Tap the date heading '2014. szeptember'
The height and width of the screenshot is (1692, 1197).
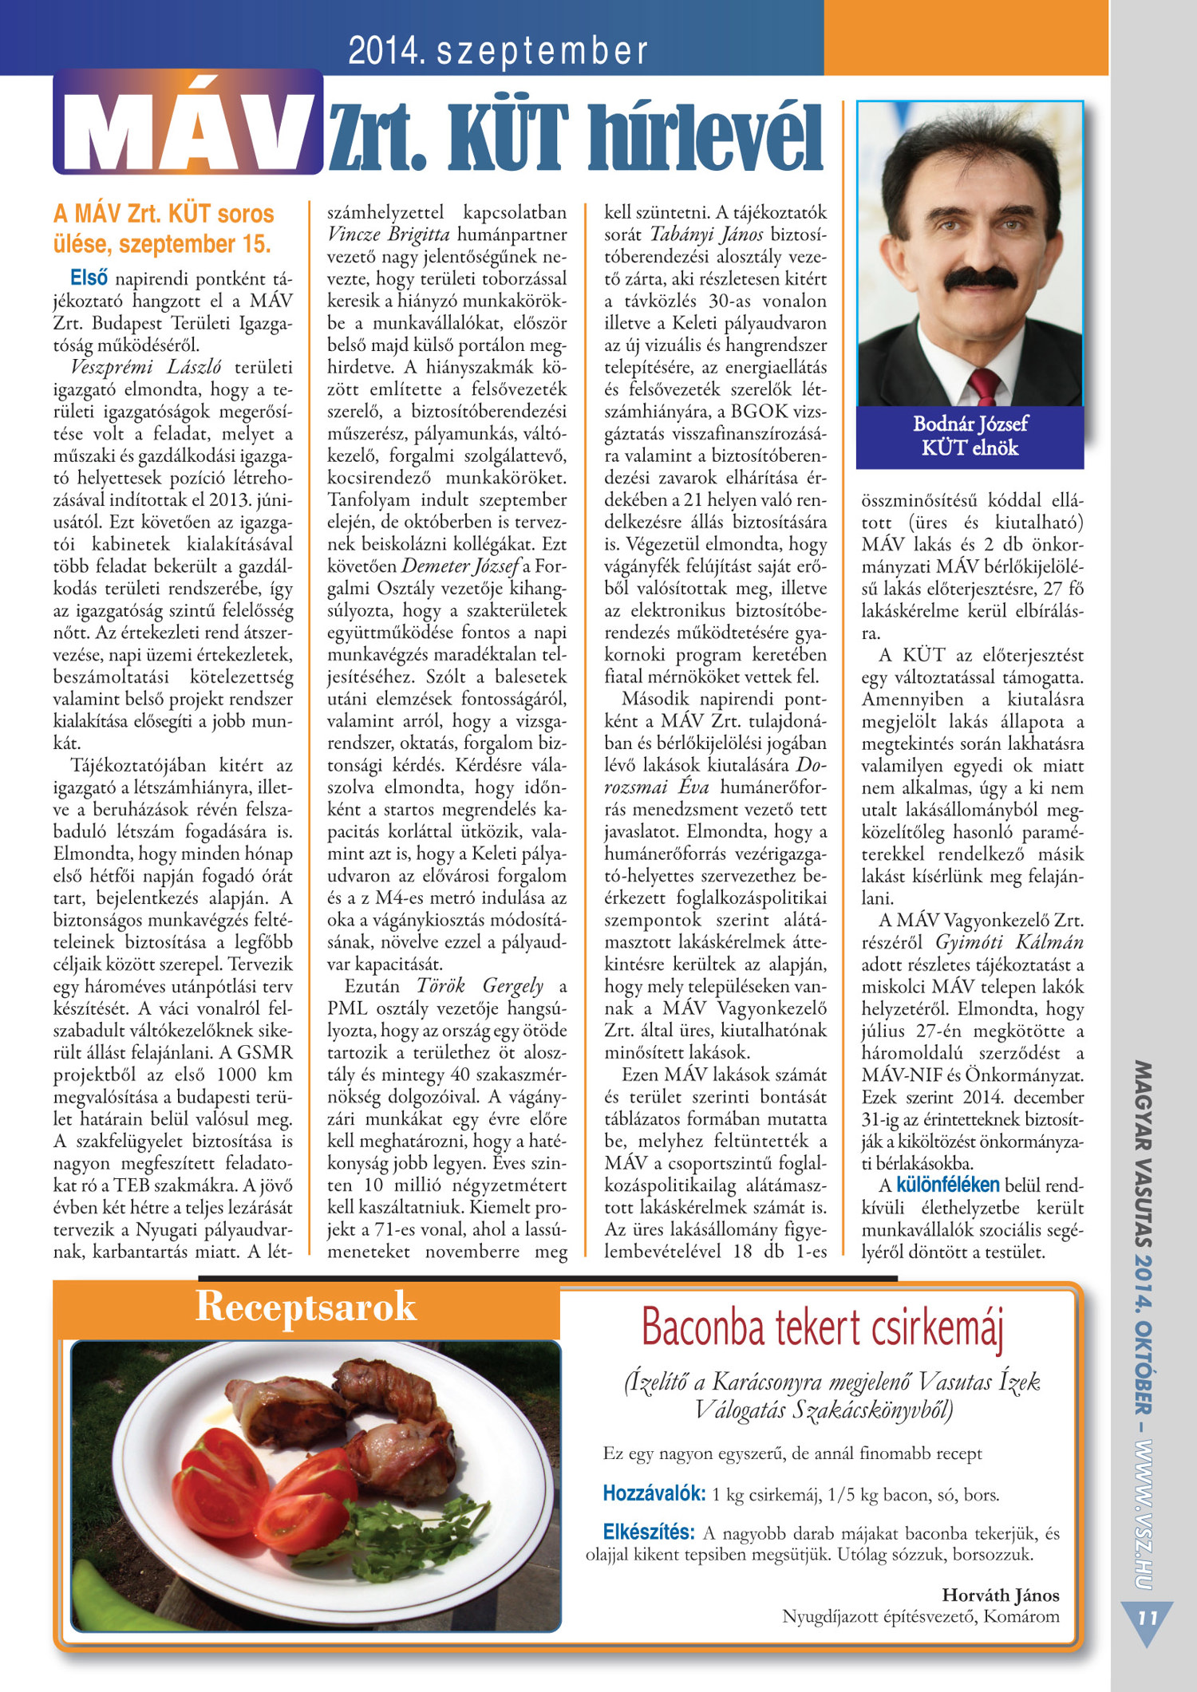pos(498,51)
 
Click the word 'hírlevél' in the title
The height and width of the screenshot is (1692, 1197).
pos(713,137)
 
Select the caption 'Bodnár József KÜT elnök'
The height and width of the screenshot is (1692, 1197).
pos(970,436)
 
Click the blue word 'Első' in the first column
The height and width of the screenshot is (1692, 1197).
pos(89,278)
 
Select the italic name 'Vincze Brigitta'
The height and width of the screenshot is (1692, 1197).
pos(389,235)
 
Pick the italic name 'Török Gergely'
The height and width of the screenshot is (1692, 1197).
pos(480,986)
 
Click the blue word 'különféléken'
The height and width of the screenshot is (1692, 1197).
pos(947,1185)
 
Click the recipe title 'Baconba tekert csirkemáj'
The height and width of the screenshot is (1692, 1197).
pos(822,1328)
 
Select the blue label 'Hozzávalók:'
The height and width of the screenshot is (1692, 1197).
pos(654,1493)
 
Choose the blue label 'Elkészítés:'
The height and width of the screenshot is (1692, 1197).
pos(648,1532)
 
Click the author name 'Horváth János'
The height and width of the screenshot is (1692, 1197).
pos(1001,1595)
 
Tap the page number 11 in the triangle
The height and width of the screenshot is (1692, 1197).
pos(1148,1619)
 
